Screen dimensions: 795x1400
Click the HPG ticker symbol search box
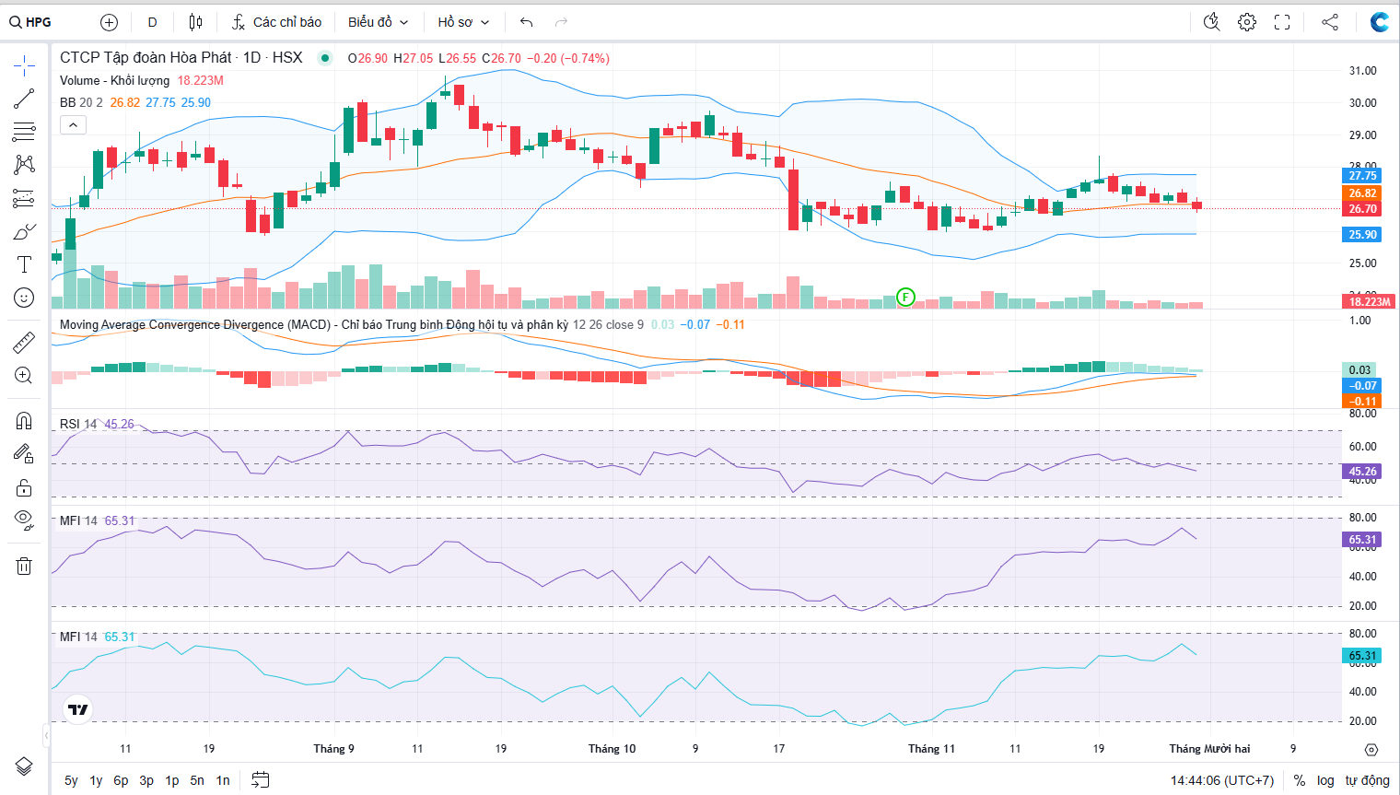pos(32,22)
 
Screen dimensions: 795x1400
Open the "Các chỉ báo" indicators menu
pos(277,22)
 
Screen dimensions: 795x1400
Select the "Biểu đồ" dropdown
pos(378,22)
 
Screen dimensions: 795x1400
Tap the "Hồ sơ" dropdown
pos(463,22)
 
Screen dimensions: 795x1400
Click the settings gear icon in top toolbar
pos(1247,22)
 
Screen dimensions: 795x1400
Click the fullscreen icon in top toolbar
pos(1282,22)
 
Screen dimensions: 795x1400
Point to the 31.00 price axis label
pos(1362,71)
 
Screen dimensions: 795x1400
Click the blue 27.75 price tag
pos(1362,176)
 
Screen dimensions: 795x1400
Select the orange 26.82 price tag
pos(1362,193)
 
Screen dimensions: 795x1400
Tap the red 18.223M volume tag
pos(1370,302)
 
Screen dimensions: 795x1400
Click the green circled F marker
pos(906,297)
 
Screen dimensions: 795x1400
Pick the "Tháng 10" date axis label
pos(612,749)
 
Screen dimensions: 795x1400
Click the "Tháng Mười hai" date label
pos(1209,749)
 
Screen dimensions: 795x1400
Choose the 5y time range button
pos(71,780)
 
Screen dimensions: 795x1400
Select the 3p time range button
pos(146,780)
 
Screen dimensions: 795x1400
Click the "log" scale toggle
pos(1325,780)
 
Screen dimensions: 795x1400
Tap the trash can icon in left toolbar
pos(24,566)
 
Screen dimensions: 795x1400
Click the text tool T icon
pos(24,264)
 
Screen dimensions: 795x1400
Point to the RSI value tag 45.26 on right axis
pos(1362,472)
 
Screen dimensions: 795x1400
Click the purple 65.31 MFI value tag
pos(1362,540)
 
